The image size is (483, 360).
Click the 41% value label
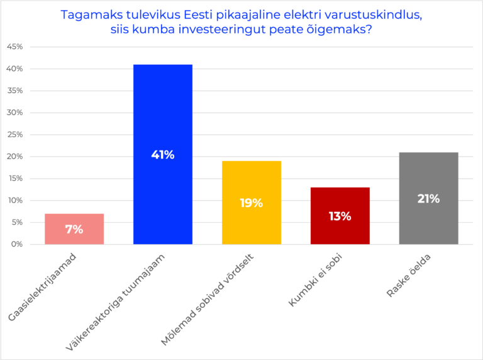point(163,155)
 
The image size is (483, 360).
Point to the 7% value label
point(74,230)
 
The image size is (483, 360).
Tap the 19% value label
point(251,203)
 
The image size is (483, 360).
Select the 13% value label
point(340,217)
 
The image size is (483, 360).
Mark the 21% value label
point(428,199)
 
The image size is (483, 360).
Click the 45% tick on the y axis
point(14,47)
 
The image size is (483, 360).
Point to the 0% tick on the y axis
point(16,244)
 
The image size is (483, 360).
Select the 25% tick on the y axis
point(14,135)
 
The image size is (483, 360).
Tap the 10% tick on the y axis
point(14,200)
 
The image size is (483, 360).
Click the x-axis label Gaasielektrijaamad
point(44,286)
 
